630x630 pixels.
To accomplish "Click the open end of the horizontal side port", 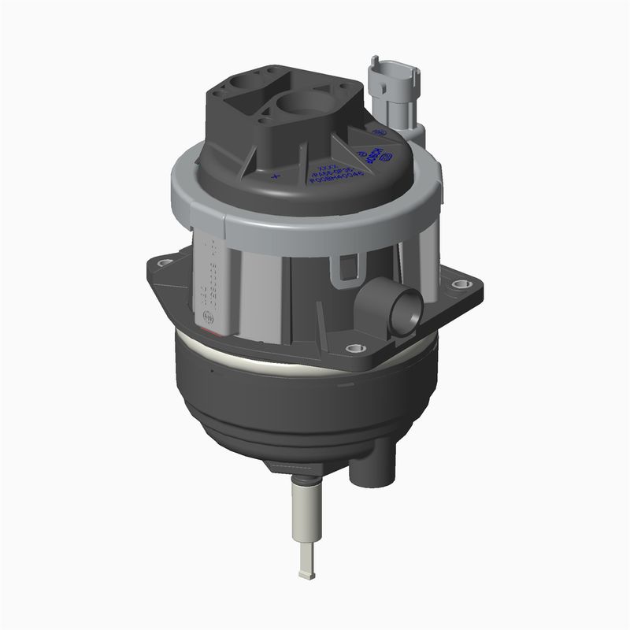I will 408,308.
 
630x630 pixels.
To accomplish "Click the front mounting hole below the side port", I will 353,347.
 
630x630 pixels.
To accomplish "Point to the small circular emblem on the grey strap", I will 208,317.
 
